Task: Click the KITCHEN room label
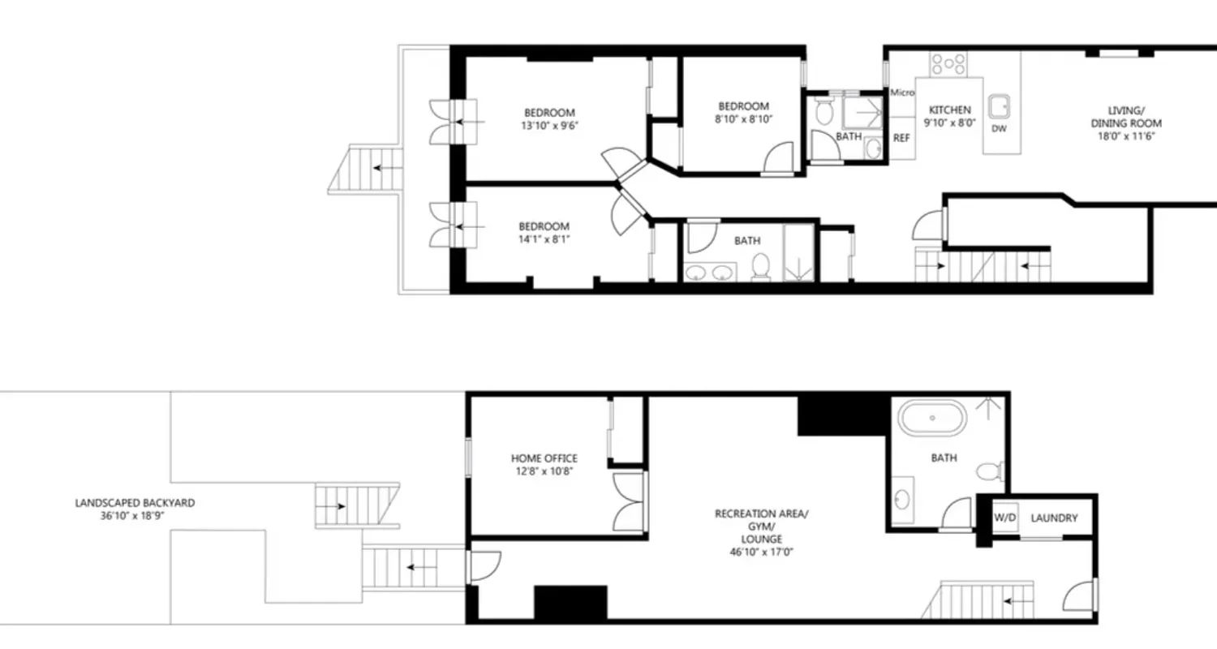pos(949,110)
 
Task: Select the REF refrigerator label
pos(901,138)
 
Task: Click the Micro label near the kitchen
pos(902,92)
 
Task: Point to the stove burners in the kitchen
pos(948,63)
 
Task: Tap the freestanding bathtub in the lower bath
pos(932,418)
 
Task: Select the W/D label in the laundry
pos(1005,518)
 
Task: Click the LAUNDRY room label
pos(1054,518)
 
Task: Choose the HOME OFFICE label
pos(544,458)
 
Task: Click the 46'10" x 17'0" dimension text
pos(760,552)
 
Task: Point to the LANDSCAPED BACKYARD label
pos(135,503)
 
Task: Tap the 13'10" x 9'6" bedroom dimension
pos(549,126)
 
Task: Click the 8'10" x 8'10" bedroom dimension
pos(743,119)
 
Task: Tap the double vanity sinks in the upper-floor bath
pos(709,272)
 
